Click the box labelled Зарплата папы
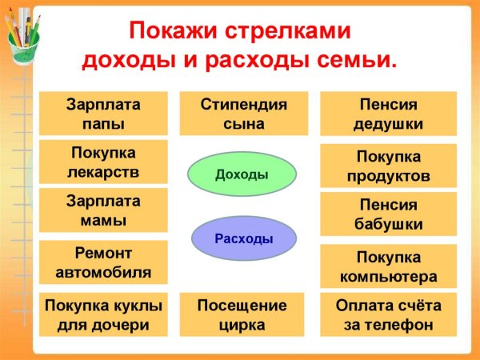104,114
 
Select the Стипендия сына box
243,114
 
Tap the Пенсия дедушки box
387,114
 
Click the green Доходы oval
242,174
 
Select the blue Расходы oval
244,238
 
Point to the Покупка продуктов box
387,166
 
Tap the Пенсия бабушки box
387,214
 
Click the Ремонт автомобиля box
104,262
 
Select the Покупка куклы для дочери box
104,314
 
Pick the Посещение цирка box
243,314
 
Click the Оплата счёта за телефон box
387,314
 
